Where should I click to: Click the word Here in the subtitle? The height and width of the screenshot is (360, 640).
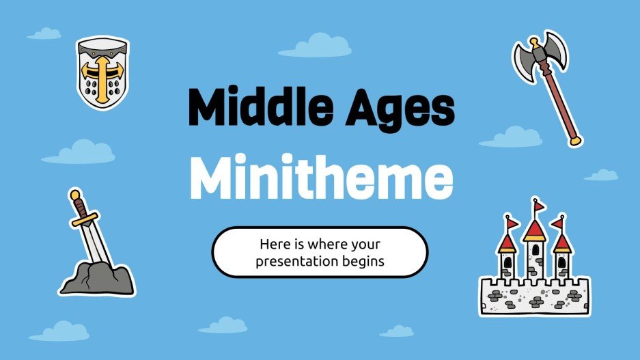coord(273,243)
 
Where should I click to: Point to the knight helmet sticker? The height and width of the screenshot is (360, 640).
coord(101,72)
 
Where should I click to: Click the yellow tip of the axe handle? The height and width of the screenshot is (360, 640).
coord(576,141)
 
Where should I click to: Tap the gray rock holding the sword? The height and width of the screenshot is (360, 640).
coord(96,275)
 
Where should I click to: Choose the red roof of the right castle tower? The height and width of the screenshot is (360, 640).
coord(561,242)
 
